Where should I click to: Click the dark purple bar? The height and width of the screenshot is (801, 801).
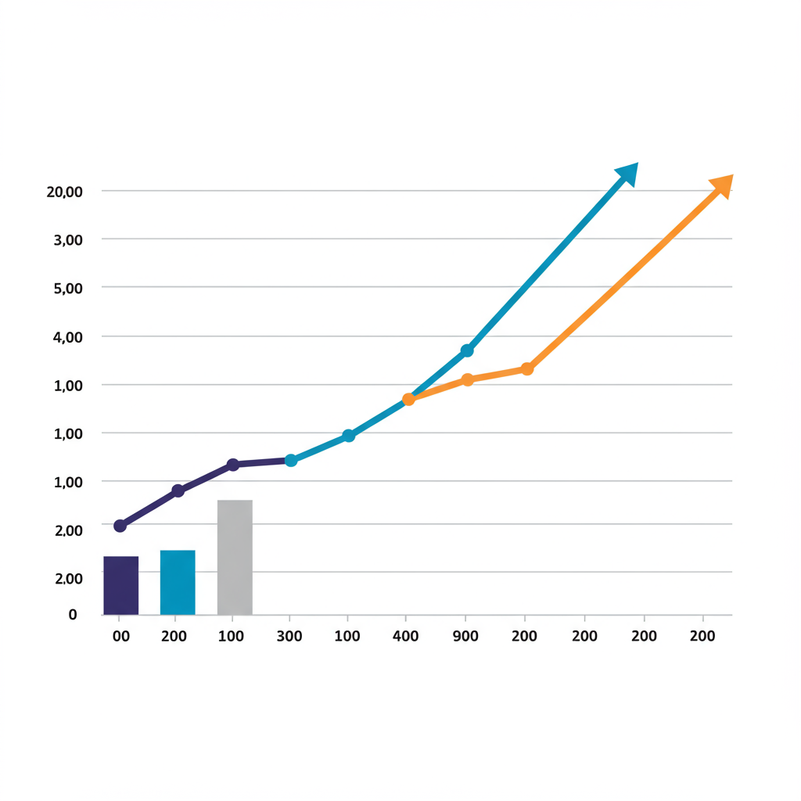[121, 585]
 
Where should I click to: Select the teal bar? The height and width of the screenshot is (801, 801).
[178, 582]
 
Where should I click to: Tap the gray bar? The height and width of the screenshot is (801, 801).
[235, 557]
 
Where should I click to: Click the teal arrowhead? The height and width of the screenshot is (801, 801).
[628, 173]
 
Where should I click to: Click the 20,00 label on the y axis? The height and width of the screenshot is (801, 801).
[65, 192]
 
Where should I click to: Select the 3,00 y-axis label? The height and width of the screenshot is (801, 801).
[68, 240]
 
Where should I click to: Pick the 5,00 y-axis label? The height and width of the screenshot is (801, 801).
[68, 288]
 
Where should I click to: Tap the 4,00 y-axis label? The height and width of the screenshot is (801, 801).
[68, 337]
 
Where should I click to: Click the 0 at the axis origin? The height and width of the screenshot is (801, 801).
[73, 615]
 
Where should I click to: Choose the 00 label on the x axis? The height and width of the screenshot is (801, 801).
[120, 637]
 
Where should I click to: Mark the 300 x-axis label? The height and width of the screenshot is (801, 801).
[289, 637]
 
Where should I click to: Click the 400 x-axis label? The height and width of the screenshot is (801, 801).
[406, 637]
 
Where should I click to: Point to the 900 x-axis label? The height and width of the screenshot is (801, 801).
[466, 637]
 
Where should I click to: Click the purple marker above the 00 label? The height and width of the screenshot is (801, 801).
[120, 526]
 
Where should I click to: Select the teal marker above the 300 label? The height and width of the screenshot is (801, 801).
[291, 461]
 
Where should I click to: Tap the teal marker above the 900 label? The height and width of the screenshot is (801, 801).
[467, 350]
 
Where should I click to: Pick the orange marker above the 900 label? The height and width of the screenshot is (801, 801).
[468, 379]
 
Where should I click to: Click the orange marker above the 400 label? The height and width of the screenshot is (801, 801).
[408, 399]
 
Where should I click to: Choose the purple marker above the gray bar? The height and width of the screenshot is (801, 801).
[232, 465]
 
